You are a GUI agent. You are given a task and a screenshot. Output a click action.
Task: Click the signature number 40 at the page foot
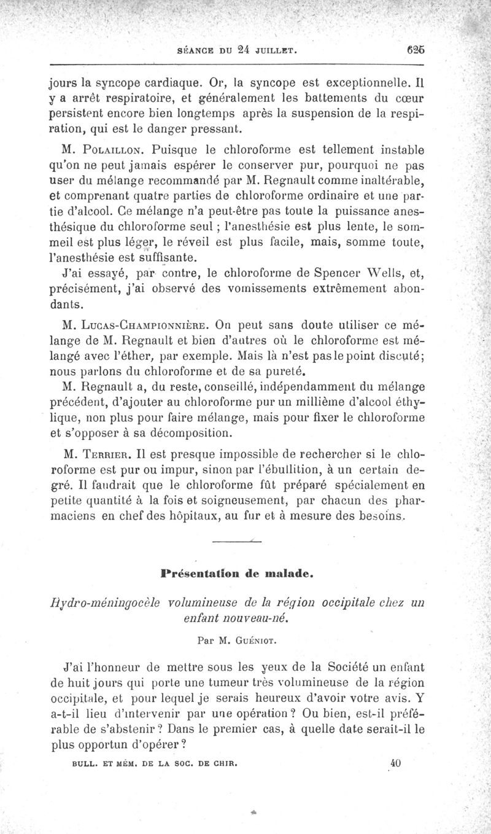395,763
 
